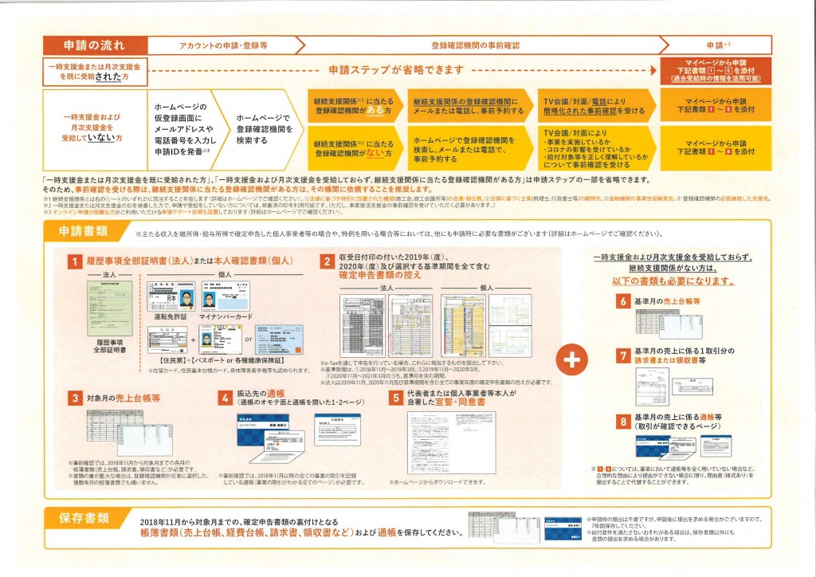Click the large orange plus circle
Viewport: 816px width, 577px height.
click(571, 359)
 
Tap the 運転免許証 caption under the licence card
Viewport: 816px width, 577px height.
click(171, 316)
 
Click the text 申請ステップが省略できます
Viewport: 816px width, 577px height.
click(395, 70)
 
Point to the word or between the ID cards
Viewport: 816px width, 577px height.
click(248, 343)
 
